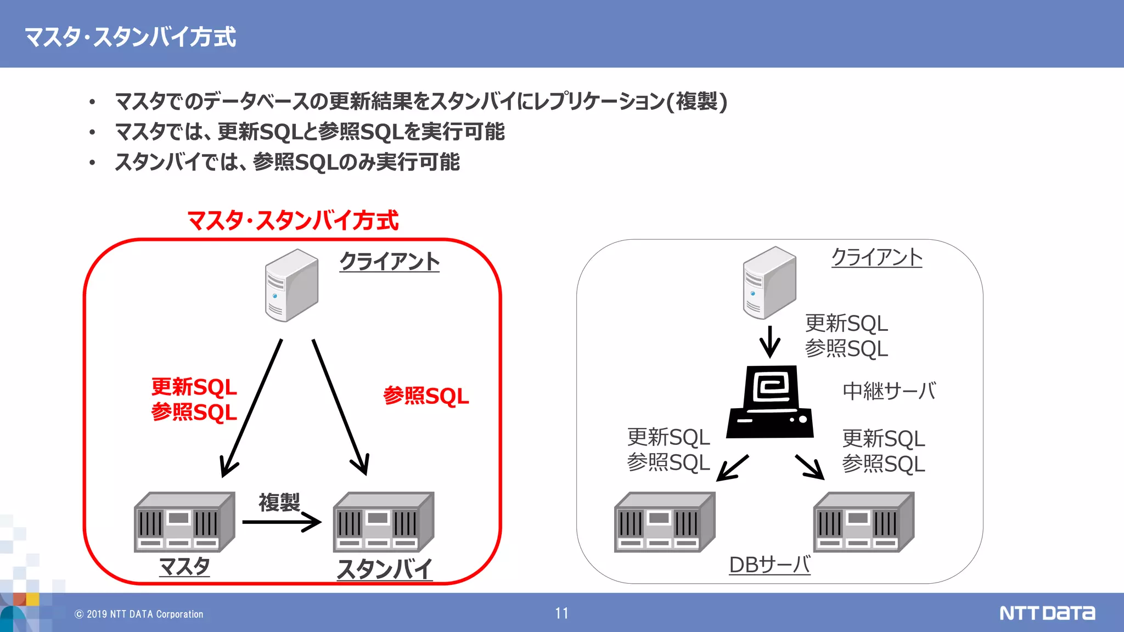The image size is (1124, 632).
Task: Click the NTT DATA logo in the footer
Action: point(1047,613)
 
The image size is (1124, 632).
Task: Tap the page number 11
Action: point(561,613)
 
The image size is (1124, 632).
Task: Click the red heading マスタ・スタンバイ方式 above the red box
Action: point(293,221)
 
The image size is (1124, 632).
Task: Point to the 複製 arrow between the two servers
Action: point(282,522)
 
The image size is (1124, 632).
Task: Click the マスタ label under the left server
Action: point(184,566)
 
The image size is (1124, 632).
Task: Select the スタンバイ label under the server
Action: point(384,569)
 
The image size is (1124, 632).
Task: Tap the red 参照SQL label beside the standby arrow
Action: point(426,396)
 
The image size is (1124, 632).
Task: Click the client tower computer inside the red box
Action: point(291,285)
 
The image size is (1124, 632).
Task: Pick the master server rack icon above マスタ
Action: point(184,522)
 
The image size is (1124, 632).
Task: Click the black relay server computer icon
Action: point(770,402)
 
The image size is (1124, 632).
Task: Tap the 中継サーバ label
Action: point(889,391)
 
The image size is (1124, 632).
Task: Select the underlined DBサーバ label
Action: point(769,565)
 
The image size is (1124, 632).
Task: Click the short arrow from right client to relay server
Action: point(769,341)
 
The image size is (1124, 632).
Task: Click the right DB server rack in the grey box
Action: point(863,522)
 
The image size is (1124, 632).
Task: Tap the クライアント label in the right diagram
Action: point(876,257)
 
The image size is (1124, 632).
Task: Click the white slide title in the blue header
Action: point(130,37)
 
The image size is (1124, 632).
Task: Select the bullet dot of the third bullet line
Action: point(92,163)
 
